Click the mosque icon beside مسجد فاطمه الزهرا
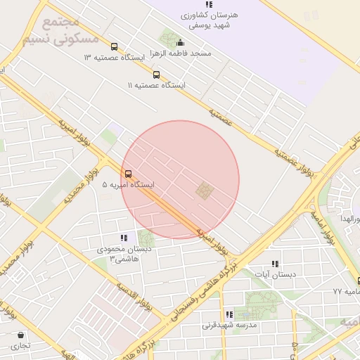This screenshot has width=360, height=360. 181,41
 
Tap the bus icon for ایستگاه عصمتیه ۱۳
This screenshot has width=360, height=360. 115,47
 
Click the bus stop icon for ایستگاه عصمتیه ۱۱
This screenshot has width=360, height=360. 156,74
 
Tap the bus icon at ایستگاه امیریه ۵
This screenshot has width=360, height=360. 127,173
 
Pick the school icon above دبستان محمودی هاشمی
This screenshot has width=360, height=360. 124,238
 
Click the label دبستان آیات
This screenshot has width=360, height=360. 275,274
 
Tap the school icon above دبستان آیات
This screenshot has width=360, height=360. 274,263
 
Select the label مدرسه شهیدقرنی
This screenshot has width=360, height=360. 231,326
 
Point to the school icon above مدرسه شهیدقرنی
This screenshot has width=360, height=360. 229,314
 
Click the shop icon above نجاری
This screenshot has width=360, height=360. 20,335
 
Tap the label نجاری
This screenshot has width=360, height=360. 20,346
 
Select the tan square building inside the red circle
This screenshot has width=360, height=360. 204,190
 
